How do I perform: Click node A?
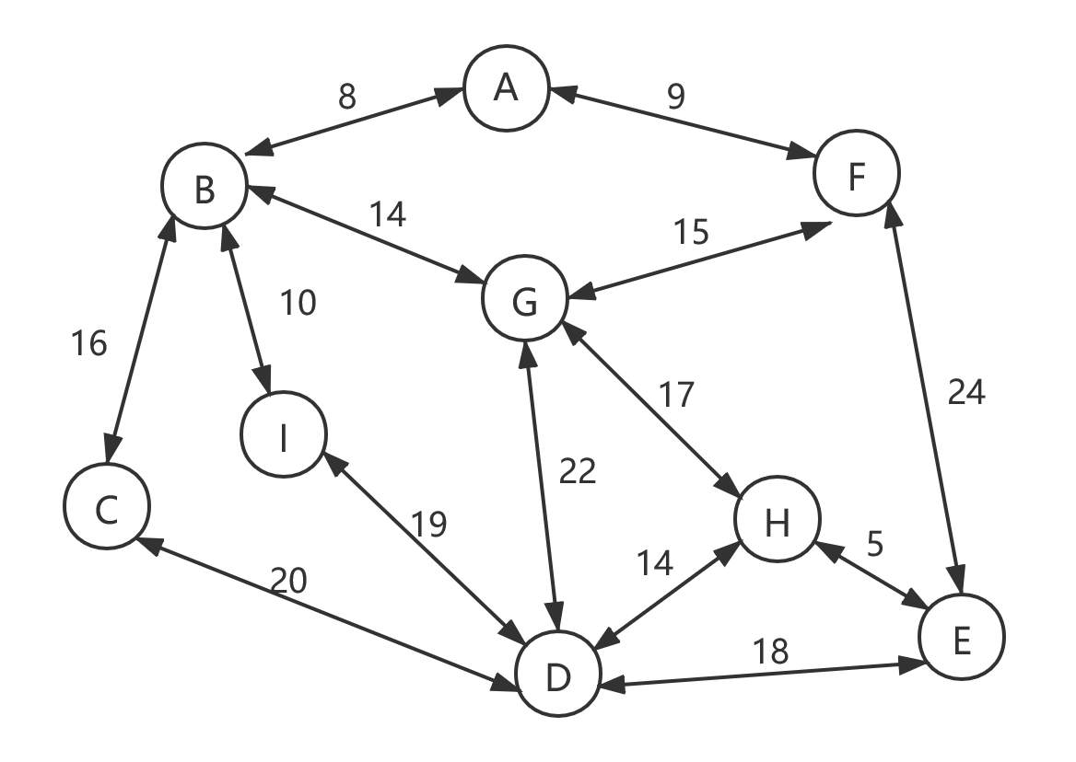point(506,89)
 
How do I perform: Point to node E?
point(961,638)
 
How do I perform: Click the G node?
point(524,301)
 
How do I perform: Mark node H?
point(777,522)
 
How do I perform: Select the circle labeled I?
point(284,438)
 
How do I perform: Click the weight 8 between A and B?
point(346,97)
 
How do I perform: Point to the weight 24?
point(966,393)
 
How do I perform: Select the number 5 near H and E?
point(875,544)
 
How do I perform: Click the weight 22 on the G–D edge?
point(578,471)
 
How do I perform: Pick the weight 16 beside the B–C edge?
point(89,343)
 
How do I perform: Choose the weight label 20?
point(288,581)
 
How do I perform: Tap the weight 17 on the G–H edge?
point(675,395)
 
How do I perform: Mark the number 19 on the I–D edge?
point(428,525)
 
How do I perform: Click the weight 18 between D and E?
point(771,652)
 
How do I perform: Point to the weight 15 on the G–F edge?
point(690,233)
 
